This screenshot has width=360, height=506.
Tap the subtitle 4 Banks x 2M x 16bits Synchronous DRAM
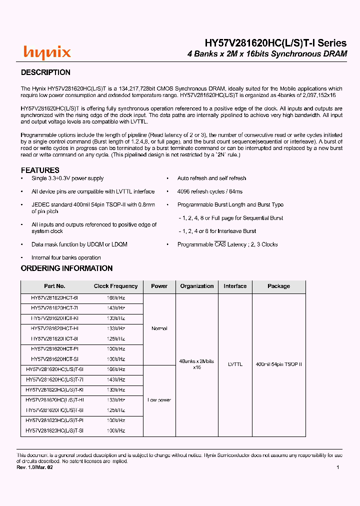click(267, 54)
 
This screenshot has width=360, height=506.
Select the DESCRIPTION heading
click(45, 72)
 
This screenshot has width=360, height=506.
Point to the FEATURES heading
click(40, 170)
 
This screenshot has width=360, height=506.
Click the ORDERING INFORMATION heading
click(66, 268)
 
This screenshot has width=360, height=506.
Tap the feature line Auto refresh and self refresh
click(211, 178)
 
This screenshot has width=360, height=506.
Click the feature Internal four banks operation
click(66, 258)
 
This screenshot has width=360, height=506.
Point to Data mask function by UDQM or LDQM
click(79, 244)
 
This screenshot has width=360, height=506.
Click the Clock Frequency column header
click(115, 286)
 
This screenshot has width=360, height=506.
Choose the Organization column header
click(197, 286)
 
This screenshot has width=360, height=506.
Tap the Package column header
click(278, 286)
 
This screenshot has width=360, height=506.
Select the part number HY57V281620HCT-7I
click(54, 308)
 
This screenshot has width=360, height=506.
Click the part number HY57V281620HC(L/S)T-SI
click(54, 430)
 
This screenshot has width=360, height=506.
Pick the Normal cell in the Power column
click(159, 328)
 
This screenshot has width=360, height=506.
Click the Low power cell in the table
click(159, 400)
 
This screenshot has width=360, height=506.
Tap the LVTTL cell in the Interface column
click(235, 364)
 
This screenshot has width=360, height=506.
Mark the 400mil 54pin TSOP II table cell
click(278, 364)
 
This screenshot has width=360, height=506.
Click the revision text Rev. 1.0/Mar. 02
click(34, 467)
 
